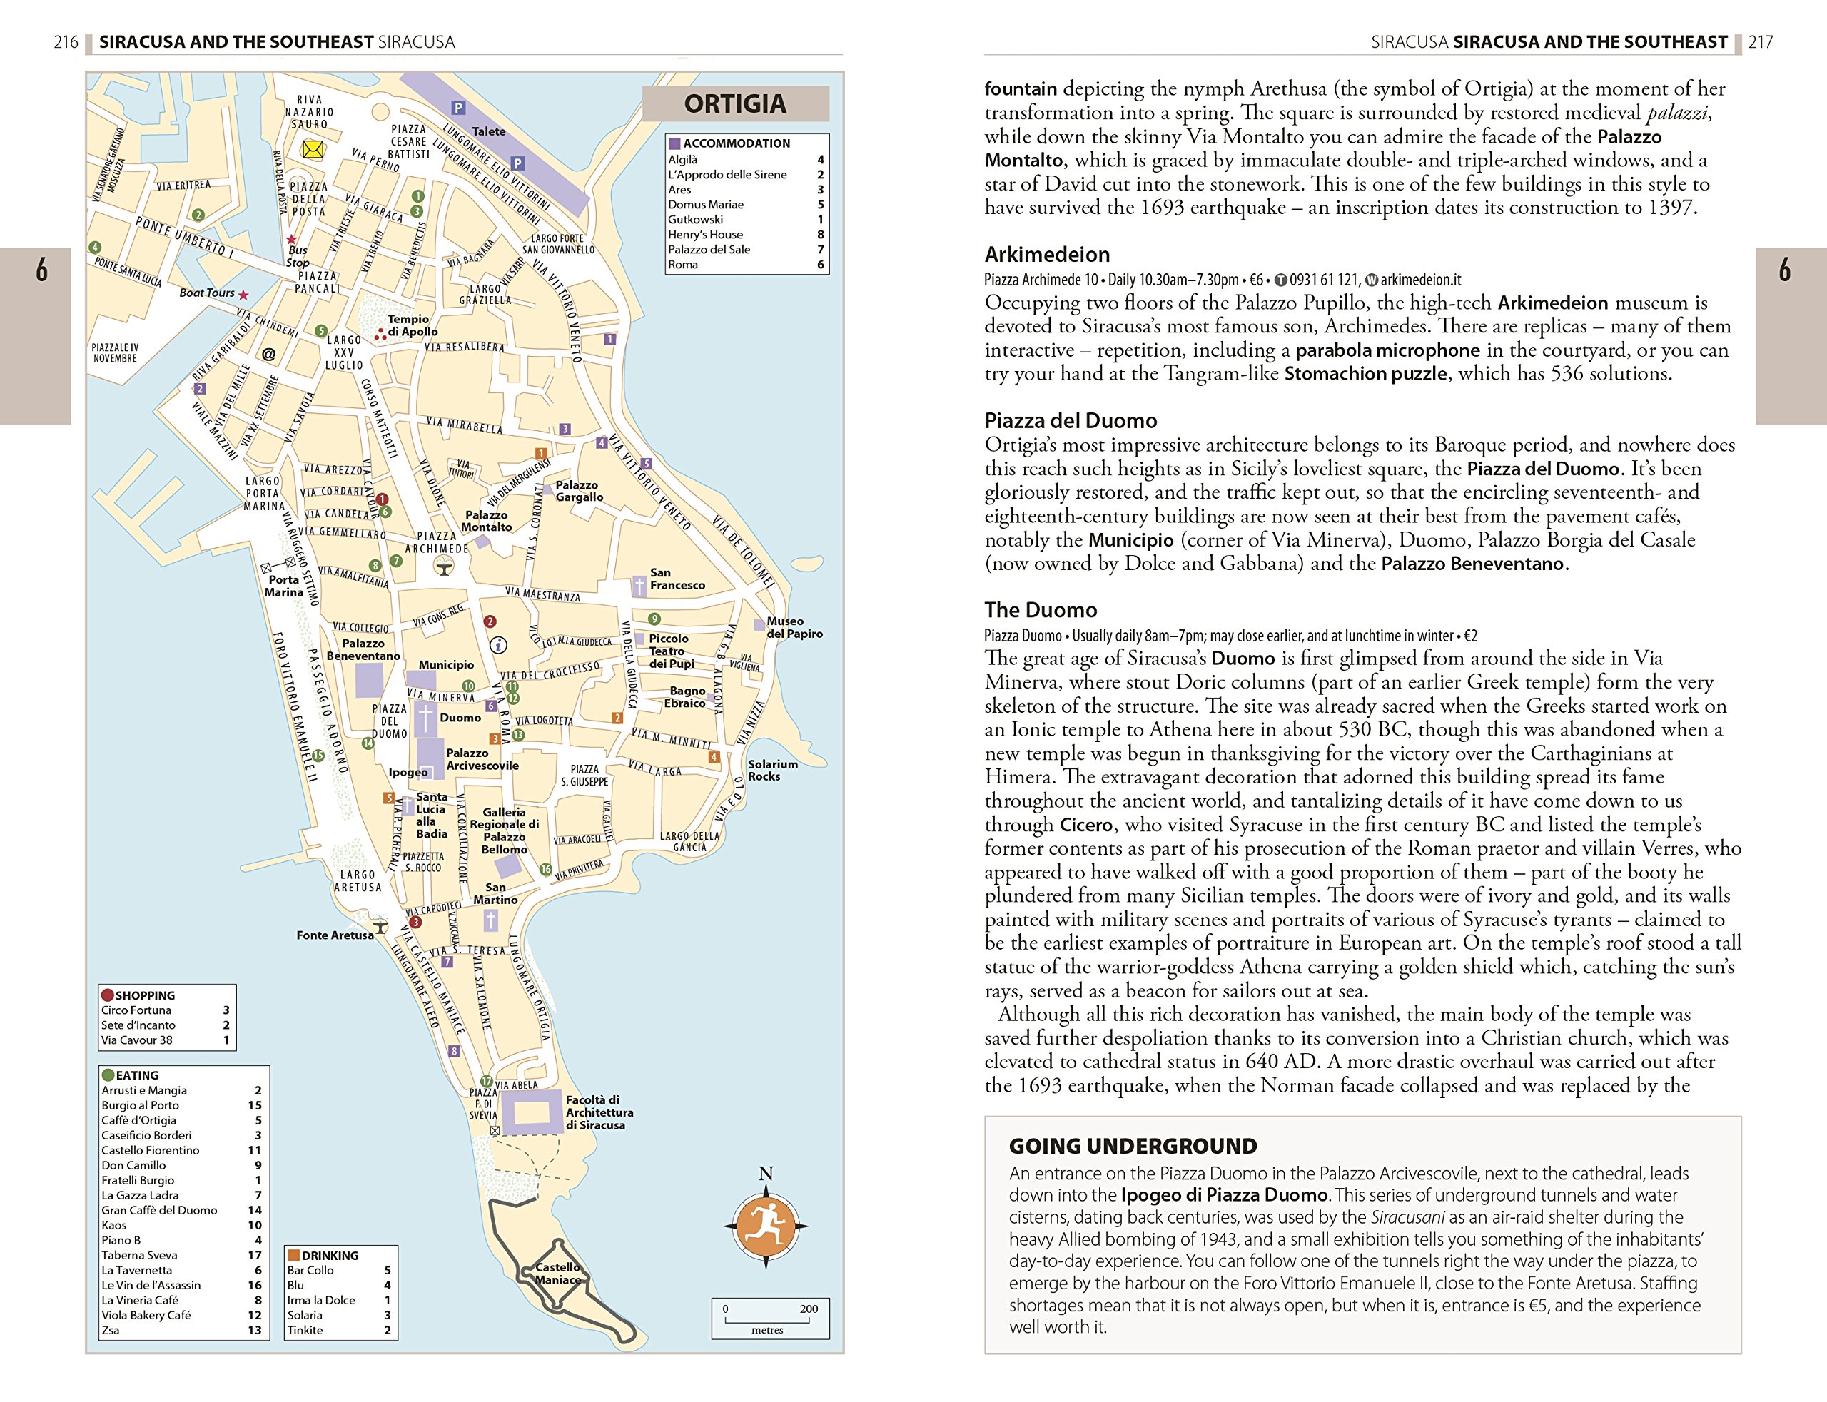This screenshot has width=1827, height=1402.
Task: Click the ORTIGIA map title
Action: click(x=734, y=104)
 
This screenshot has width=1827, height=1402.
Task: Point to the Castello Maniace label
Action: click(x=558, y=1274)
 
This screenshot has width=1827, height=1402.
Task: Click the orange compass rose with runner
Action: click(x=765, y=1226)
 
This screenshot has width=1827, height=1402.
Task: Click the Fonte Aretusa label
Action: click(x=335, y=935)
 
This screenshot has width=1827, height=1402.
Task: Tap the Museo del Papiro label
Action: click(x=794, y=628)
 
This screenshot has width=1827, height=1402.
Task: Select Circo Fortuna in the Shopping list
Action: click(x=136, y=1010)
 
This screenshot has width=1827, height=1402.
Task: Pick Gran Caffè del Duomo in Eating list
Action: click(x=158, y=1210)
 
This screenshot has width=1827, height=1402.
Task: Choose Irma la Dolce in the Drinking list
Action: click(x=320, y=1300)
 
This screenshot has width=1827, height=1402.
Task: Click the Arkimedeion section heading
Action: click(x=1047, y=255)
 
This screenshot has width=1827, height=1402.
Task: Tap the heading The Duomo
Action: click(x=1040, y=610)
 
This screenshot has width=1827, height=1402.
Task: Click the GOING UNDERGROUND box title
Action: click(x=1132, y=1146)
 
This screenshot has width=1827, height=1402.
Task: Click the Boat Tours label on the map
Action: click(x=207, y=293)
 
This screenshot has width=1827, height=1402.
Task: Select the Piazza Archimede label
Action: click(x=437, y=542)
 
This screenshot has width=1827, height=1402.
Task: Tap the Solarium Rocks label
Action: click(x=772, y=771)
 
